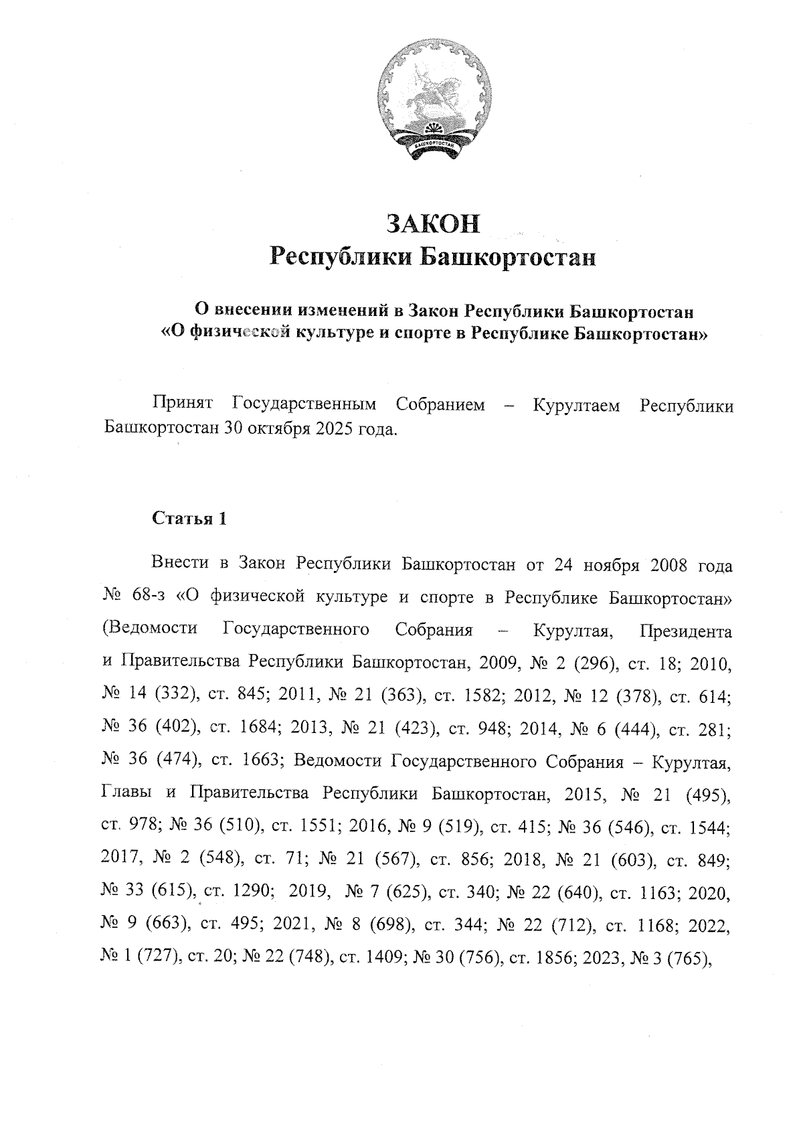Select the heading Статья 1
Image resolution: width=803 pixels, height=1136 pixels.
click(x=189, y=519)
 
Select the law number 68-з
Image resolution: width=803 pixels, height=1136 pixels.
click(x=140, y=596)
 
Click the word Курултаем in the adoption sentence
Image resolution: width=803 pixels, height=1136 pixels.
click(x=575, y=405)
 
